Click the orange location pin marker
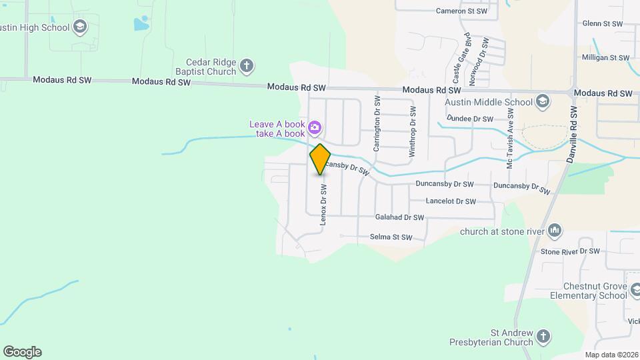point(320,159)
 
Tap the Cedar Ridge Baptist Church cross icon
point(247,66)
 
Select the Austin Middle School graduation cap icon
point(543,101)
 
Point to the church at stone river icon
point(555,232)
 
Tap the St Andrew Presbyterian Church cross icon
point(543,337)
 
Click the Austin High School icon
point(80,27)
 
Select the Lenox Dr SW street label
point(323,205)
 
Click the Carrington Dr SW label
point(377,123)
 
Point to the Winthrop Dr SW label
point(412,131)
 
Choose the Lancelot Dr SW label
point(451,201)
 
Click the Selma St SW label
point(391,237)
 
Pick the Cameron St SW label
point(461,11)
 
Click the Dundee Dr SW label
point(470,119)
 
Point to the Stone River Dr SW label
point(570,252)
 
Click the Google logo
point(22,352)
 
